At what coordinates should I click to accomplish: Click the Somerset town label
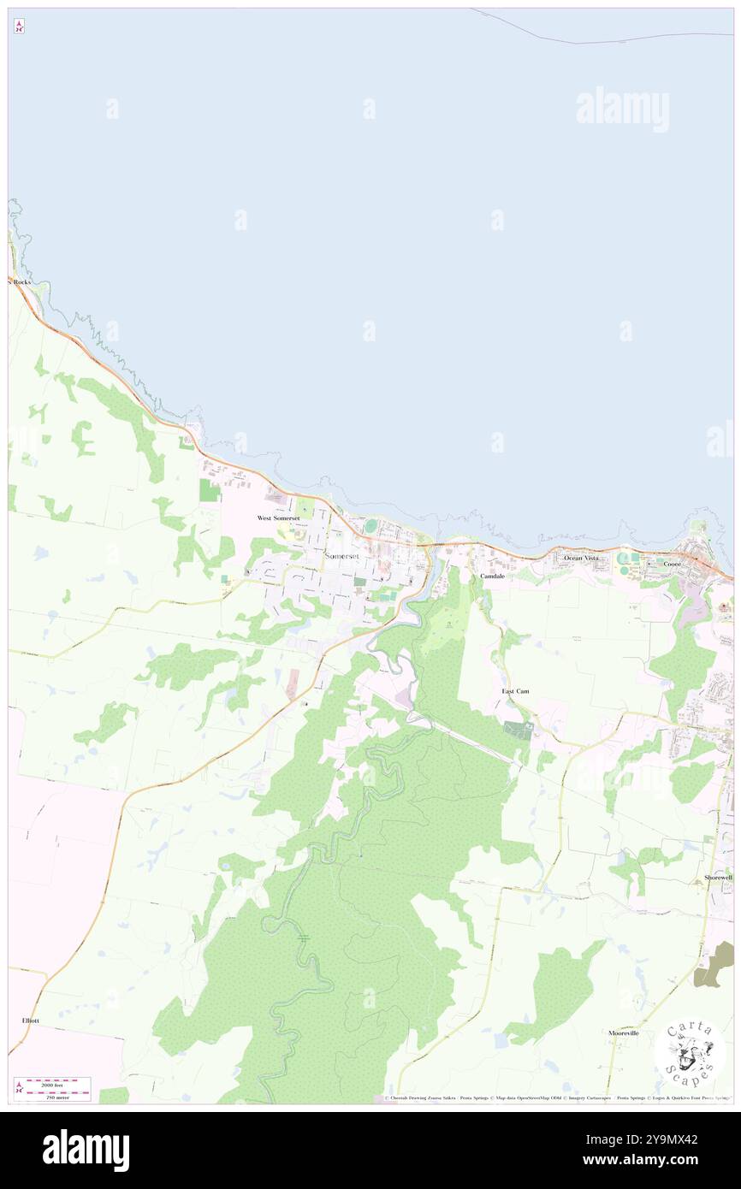[342, 556]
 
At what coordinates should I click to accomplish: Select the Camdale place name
[492, 577]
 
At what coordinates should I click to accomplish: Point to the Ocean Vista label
[581, 558]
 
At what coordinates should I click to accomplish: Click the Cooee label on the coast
[669, 564]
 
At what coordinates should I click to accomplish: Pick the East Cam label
[515, 690]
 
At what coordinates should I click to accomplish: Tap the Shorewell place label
[718, 878]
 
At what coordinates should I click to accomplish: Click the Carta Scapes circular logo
[689, 1051]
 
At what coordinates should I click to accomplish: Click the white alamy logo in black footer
[86, 1150]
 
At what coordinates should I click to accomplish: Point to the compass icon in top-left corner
[18, 27]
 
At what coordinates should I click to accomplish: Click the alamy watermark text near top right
[622, 109]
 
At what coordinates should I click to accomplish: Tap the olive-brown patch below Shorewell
[714, 964]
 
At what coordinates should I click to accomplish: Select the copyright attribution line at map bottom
[556, 1098]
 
